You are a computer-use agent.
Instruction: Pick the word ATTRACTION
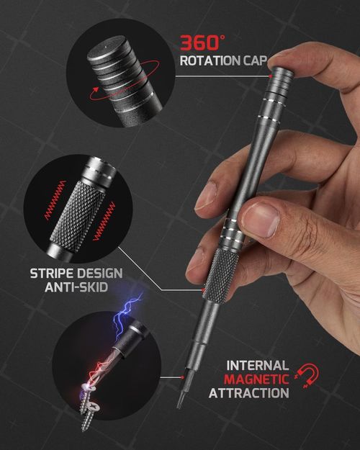click(x=249, y=393)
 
